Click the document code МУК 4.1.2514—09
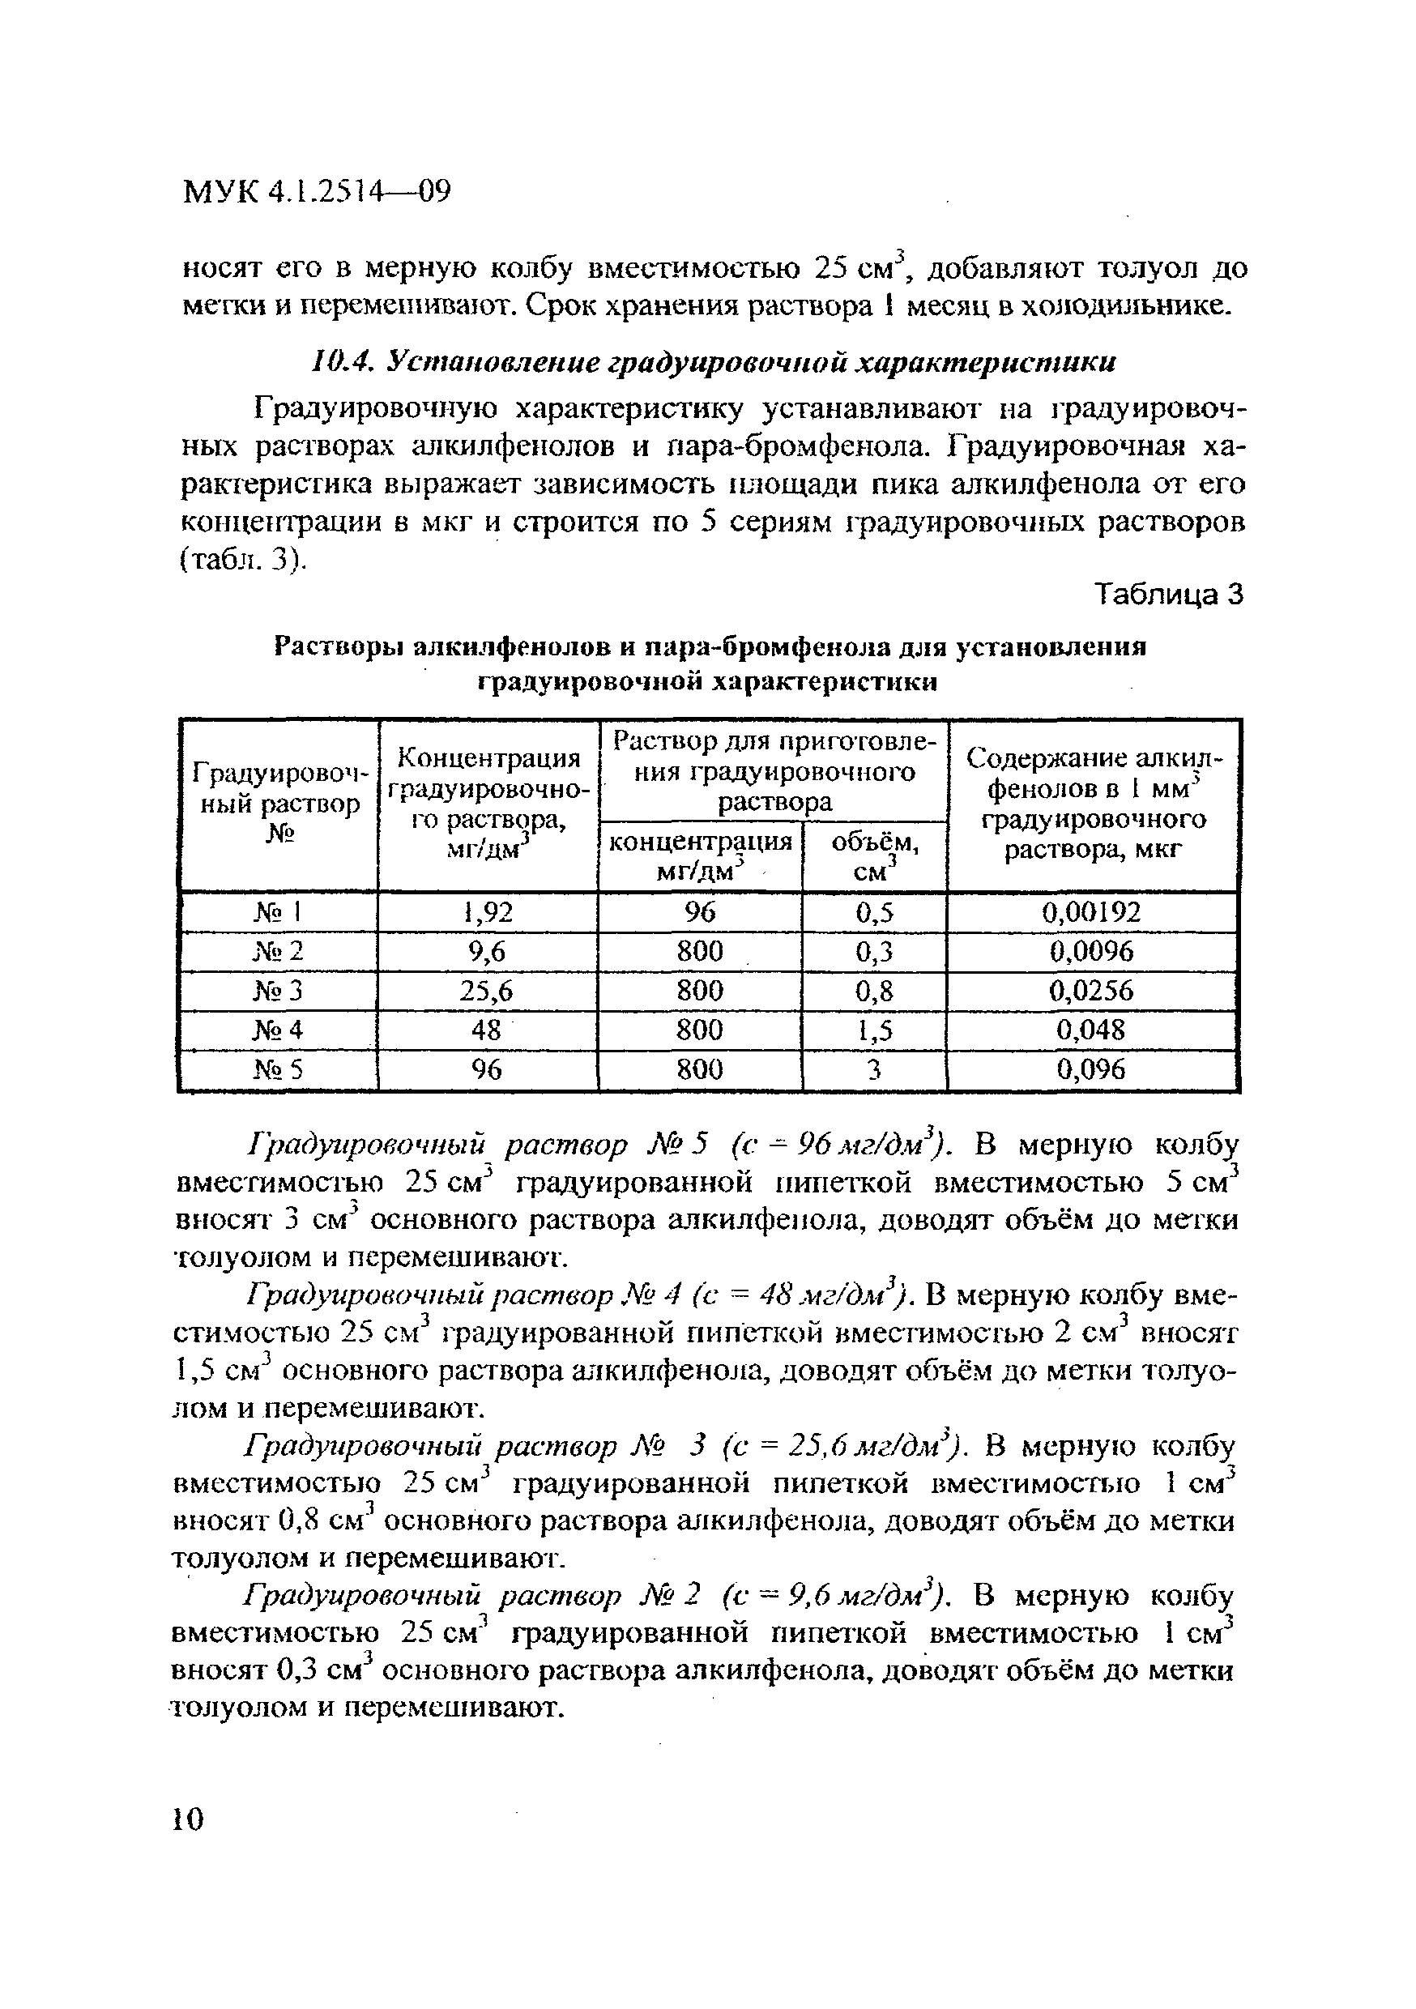click(316, 190)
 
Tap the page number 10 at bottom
click(188, 1819)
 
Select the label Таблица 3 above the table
click(1169, 595)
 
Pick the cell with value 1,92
click(488, 913)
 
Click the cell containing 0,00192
click(1091, 913)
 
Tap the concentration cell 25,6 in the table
click(488, 991)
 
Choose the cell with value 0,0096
click(1091, 951)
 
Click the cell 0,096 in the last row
click(1091, 1069)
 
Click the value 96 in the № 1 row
click(699, 913)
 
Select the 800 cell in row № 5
click(699, 1069)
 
